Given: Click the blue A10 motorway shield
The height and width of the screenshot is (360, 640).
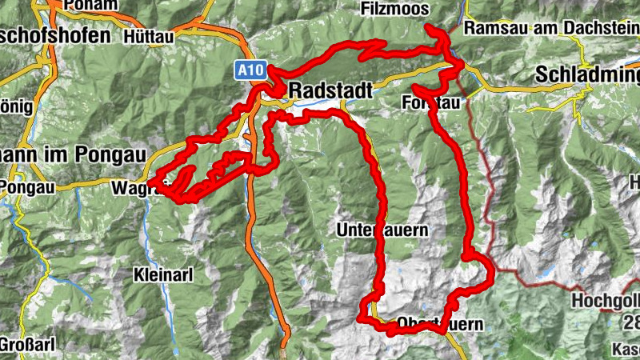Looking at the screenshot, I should [x=247, y=70].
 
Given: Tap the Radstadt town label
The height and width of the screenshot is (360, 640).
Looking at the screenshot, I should [x=330, y=90].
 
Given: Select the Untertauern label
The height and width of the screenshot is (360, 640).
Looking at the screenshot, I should [x=382, y=230].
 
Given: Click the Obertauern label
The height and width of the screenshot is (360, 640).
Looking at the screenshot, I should [x=440, y=325].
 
